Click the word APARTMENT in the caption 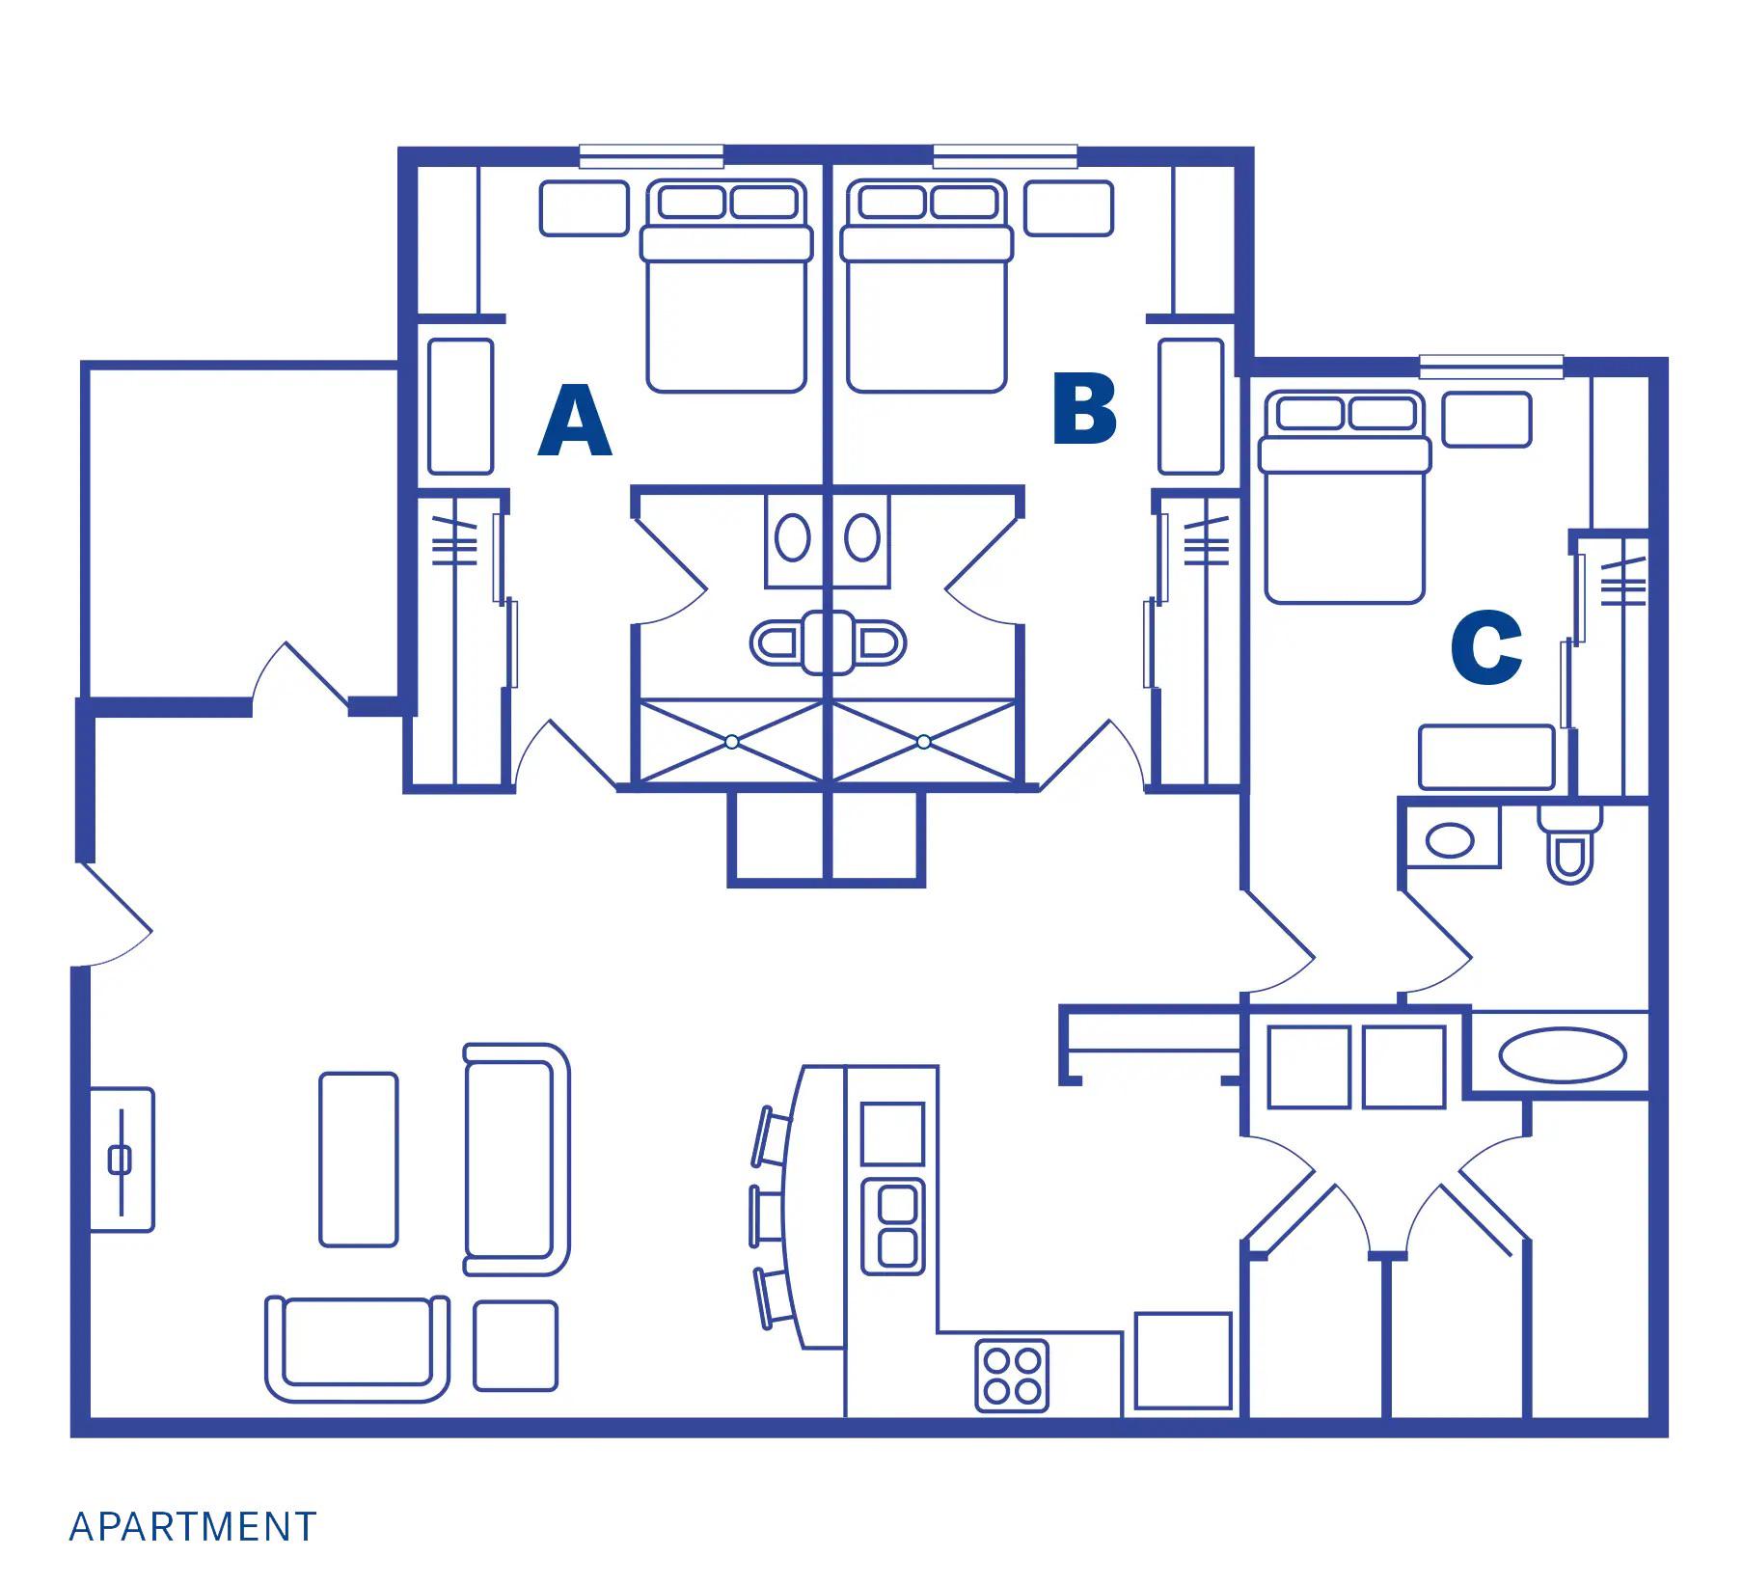click(x=193, y=1527)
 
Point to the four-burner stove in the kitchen click(x=1012, y=1376)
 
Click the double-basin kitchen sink click(x=893, y=1223)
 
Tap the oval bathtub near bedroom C click(x=1563, y=1055)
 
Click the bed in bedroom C click(x=1344, y=497)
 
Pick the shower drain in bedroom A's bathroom click(x=732, y=742)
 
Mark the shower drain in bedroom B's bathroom click(x=924, y=742)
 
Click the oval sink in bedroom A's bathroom click(x=793, y=537)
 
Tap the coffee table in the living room click(x=358, y=1159)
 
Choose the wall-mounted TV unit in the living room click(x=122, y=1160)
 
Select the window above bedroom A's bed click(x=651, y=157)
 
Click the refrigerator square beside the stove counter click(x=1184, y=1360)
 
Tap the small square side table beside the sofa click(x=515, y=1346)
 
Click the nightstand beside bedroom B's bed click(x=1069, y=207)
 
